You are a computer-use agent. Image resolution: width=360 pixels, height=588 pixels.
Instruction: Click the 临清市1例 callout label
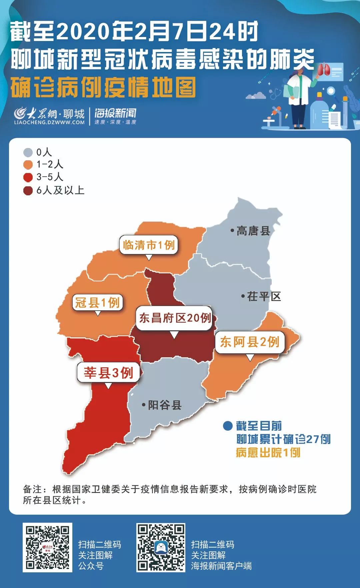(149, 245)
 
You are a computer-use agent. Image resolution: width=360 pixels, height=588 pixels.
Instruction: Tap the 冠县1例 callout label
(97, 302)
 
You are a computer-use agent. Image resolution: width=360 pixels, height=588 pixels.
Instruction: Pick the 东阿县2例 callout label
(250, 342)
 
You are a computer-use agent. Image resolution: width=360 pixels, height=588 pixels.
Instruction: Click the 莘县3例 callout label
(108, 372)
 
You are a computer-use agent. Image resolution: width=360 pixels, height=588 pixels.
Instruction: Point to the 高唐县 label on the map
(253, 231)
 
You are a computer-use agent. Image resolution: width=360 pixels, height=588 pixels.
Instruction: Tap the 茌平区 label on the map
(264, 296)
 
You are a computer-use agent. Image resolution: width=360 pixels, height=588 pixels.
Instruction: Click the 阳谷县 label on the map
(164, 405)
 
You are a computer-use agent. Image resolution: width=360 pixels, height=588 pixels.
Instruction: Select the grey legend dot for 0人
(28, 153)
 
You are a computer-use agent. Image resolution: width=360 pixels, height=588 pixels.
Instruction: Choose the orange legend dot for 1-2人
(28, 165)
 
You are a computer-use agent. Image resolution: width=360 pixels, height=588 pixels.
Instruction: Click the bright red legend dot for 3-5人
(28, 177)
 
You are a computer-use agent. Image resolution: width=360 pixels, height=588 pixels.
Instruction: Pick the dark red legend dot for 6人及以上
(28, 190)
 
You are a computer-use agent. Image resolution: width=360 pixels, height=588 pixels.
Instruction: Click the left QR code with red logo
(47, 547)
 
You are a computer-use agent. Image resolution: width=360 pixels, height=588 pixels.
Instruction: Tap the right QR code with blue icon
(161, 547)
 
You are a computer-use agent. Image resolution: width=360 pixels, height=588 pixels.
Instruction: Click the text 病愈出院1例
(268, 452)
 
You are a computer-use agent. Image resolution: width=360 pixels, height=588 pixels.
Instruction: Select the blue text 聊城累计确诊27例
(283, 439)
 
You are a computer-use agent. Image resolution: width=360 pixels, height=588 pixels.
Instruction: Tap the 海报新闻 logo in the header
(115, 116)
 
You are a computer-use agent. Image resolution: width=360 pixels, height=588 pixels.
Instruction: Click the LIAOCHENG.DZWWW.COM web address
(49, 122)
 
